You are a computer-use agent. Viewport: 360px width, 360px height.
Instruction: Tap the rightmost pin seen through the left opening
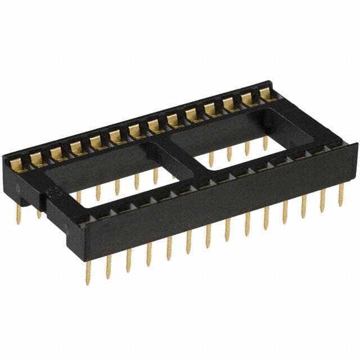pos(155,175)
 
